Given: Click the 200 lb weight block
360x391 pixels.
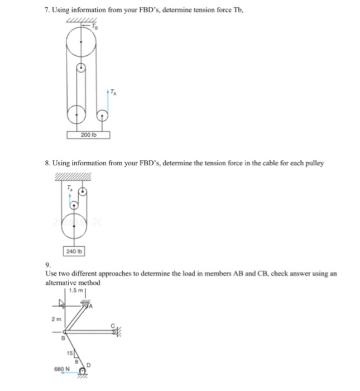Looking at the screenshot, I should (x=88, y=135).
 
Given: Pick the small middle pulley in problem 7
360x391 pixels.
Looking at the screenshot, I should (x=81, y=68).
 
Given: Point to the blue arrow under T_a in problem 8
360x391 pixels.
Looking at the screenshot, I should (x=69, y=197).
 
